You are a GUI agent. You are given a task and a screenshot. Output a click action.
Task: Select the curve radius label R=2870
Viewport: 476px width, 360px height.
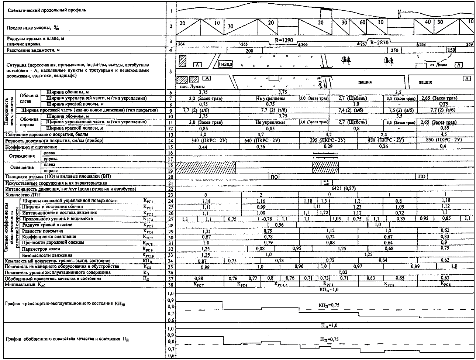(379, 42)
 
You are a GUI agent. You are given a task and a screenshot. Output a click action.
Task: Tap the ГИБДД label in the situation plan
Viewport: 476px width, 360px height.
(225, 64)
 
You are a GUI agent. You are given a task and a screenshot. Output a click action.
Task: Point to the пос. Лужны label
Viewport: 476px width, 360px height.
(189, 86)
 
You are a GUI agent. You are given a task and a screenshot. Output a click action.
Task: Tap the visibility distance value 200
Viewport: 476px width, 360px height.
(249, 50)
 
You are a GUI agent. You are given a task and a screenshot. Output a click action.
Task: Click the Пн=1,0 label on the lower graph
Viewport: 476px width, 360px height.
(328, 326)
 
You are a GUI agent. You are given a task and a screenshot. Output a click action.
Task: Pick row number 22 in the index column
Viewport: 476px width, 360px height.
(170, 189)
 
